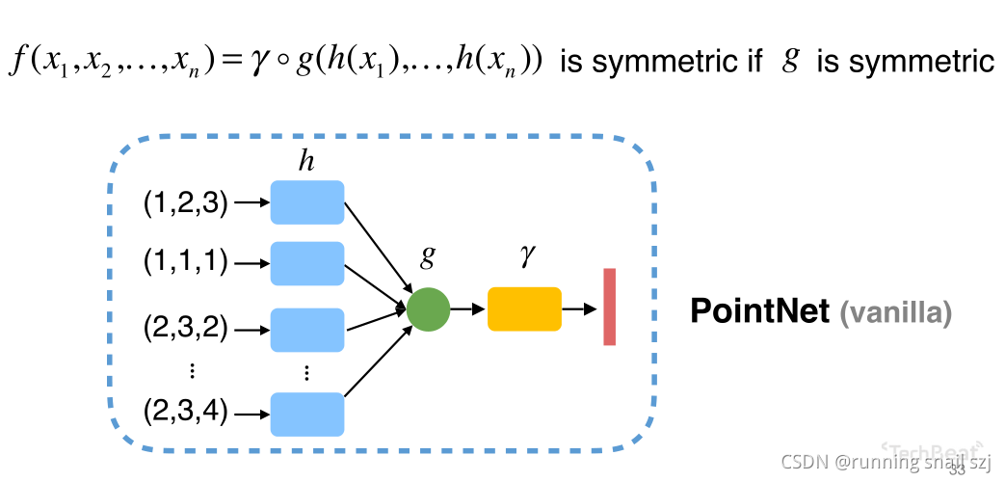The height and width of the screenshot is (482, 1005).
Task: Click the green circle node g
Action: click(x=429, y=309)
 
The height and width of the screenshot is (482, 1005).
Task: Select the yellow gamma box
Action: click(x=524, y=309)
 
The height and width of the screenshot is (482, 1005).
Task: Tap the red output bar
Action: click(x=609, y=307)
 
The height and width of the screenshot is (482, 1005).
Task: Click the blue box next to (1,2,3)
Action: click(x=306, y=202)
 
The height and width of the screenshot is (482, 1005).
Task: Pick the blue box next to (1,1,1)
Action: click(x=306, y=263)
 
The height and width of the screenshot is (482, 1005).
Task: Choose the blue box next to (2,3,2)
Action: click(x=306, y=329)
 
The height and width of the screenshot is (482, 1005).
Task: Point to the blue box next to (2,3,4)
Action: click(x=306, y=414)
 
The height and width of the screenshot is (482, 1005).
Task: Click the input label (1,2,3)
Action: click(x=185, y=203)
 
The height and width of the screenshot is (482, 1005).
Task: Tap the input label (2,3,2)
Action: click(x=185, y=329)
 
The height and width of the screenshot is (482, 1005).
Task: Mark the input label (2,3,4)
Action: click(x=185, y=414)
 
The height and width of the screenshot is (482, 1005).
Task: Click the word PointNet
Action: click(x=759, y=311)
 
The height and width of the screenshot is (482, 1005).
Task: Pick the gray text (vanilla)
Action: click(x=896, y=312)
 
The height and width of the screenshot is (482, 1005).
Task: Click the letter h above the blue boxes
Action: click(x=306, y=162)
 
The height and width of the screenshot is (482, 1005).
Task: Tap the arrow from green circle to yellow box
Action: click(x=468, y=309)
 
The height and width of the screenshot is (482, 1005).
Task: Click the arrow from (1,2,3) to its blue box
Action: click(x=250, y=203)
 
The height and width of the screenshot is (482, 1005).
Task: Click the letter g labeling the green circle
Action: click(x=428, y=258)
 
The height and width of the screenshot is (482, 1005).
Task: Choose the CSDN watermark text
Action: click(x=886, y=462)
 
